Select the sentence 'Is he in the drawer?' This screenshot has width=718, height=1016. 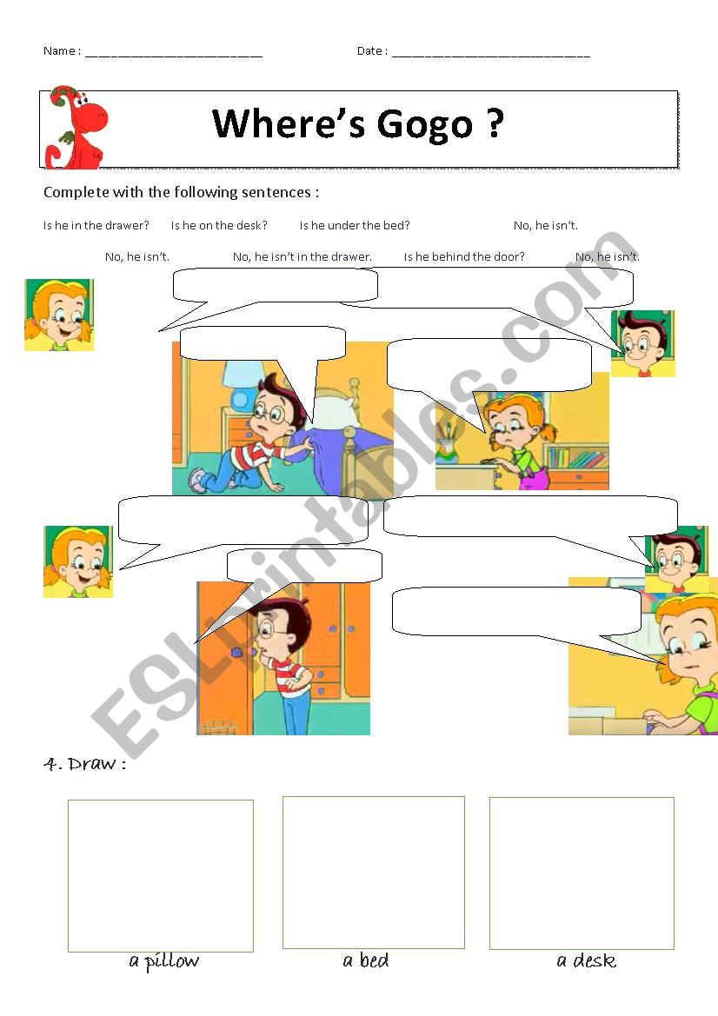96,226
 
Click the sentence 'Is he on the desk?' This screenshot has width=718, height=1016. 219,226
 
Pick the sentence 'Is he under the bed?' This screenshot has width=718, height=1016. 355,226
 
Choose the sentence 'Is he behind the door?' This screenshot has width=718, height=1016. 464,257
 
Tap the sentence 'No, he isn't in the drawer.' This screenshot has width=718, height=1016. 302,257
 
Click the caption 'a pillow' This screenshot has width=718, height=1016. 163,961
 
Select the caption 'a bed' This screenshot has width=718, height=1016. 366,961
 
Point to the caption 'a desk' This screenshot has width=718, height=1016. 587,961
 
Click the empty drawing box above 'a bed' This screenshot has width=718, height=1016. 374,873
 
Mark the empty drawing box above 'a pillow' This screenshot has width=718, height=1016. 161,876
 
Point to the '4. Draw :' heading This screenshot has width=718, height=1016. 84,765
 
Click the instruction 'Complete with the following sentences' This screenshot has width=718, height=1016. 181,193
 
